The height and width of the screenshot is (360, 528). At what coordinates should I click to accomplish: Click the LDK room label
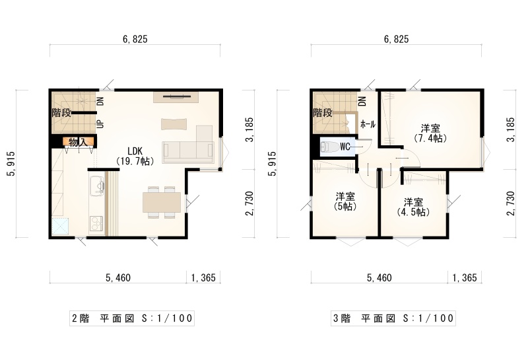coord(136,156)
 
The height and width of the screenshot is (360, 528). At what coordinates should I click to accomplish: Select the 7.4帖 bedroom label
coord(430,133)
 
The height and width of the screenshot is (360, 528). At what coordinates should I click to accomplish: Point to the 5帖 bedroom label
coord(345,201)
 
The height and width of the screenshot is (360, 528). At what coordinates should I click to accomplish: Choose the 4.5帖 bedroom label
coord(414,207)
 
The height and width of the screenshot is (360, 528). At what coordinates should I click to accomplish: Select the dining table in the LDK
coord(162,202)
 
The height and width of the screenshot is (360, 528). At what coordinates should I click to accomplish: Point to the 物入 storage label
coord(78,142)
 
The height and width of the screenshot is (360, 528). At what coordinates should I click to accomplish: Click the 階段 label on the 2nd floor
coord(61,112)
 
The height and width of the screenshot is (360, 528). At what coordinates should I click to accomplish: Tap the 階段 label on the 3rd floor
coord(323,112)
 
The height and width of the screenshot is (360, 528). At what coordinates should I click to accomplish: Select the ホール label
coord(368,124)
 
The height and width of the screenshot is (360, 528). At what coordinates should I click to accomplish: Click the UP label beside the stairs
coord(100,124)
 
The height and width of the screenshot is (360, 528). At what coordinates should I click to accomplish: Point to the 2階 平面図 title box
coord(132,318)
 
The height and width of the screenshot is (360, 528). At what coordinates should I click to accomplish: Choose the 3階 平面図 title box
coord(393,318)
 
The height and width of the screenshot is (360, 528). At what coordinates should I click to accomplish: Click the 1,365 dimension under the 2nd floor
coord(203,277)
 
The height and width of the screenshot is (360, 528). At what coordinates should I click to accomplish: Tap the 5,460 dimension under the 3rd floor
coord(379,277)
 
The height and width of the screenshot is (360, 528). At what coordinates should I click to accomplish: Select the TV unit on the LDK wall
coord(176,97)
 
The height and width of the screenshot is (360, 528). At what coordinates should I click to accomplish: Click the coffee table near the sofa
coord(174,124)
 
